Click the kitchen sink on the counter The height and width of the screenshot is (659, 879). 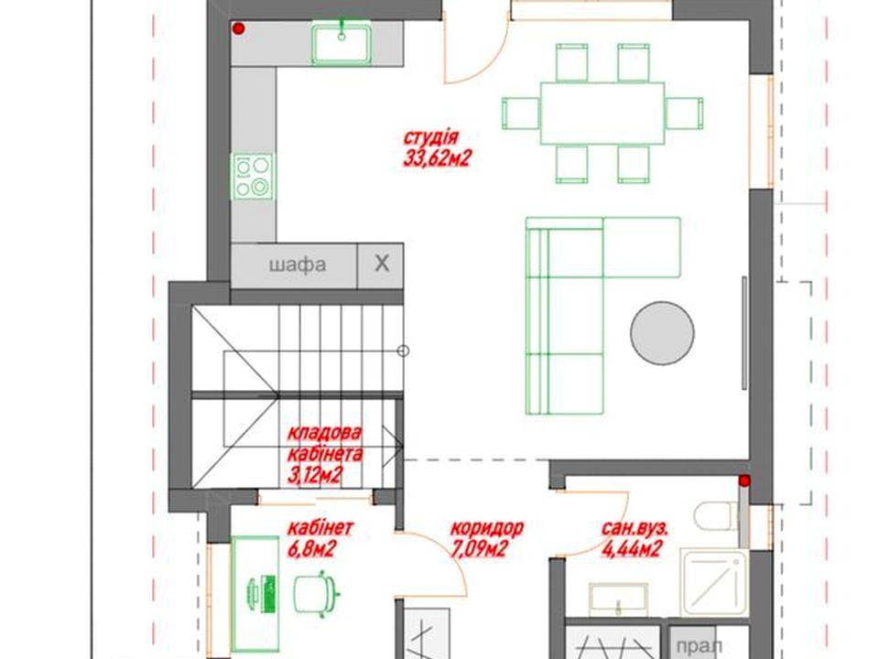coord(342,44)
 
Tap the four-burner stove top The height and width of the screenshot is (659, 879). coord(253,176)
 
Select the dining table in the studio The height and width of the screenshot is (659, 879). coord(602,113)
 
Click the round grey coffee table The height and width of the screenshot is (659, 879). coord(662,333)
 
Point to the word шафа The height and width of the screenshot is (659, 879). coord(297,265)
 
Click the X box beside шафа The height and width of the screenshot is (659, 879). coord(381,264)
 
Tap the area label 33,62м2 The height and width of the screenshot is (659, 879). coord(436,159)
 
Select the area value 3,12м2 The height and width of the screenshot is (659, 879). coord(315,476)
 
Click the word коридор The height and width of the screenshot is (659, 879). coord(487,528)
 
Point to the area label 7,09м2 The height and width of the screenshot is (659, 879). coord(480,549)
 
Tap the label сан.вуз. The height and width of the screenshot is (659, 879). coord(635,528)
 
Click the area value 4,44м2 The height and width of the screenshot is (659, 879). coord(631,549)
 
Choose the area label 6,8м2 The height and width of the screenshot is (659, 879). coord(311,549)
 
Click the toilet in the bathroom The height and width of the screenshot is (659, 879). coord(716,516)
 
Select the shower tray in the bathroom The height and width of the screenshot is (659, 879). coord(713,583)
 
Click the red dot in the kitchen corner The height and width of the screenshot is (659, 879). coord(239,28)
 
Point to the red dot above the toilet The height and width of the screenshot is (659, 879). coord(743,481)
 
